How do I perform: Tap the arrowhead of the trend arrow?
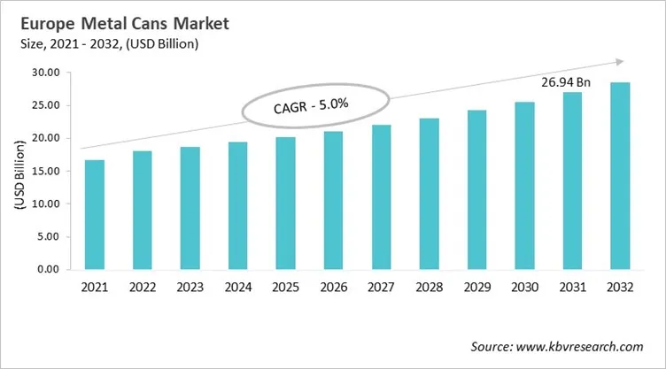pyautogui.click(x=617, y=62)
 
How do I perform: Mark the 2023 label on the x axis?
pyautogui.click(x=190, y=288)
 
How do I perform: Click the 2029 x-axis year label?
pyautogui.click(x=476, y=288)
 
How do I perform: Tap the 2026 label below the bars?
pyautogui.click(x=333, y=288)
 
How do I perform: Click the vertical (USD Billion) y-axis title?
pyautogui.click(x=19, y=171)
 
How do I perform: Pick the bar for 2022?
pyautogui.click(x=142, y=211)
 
